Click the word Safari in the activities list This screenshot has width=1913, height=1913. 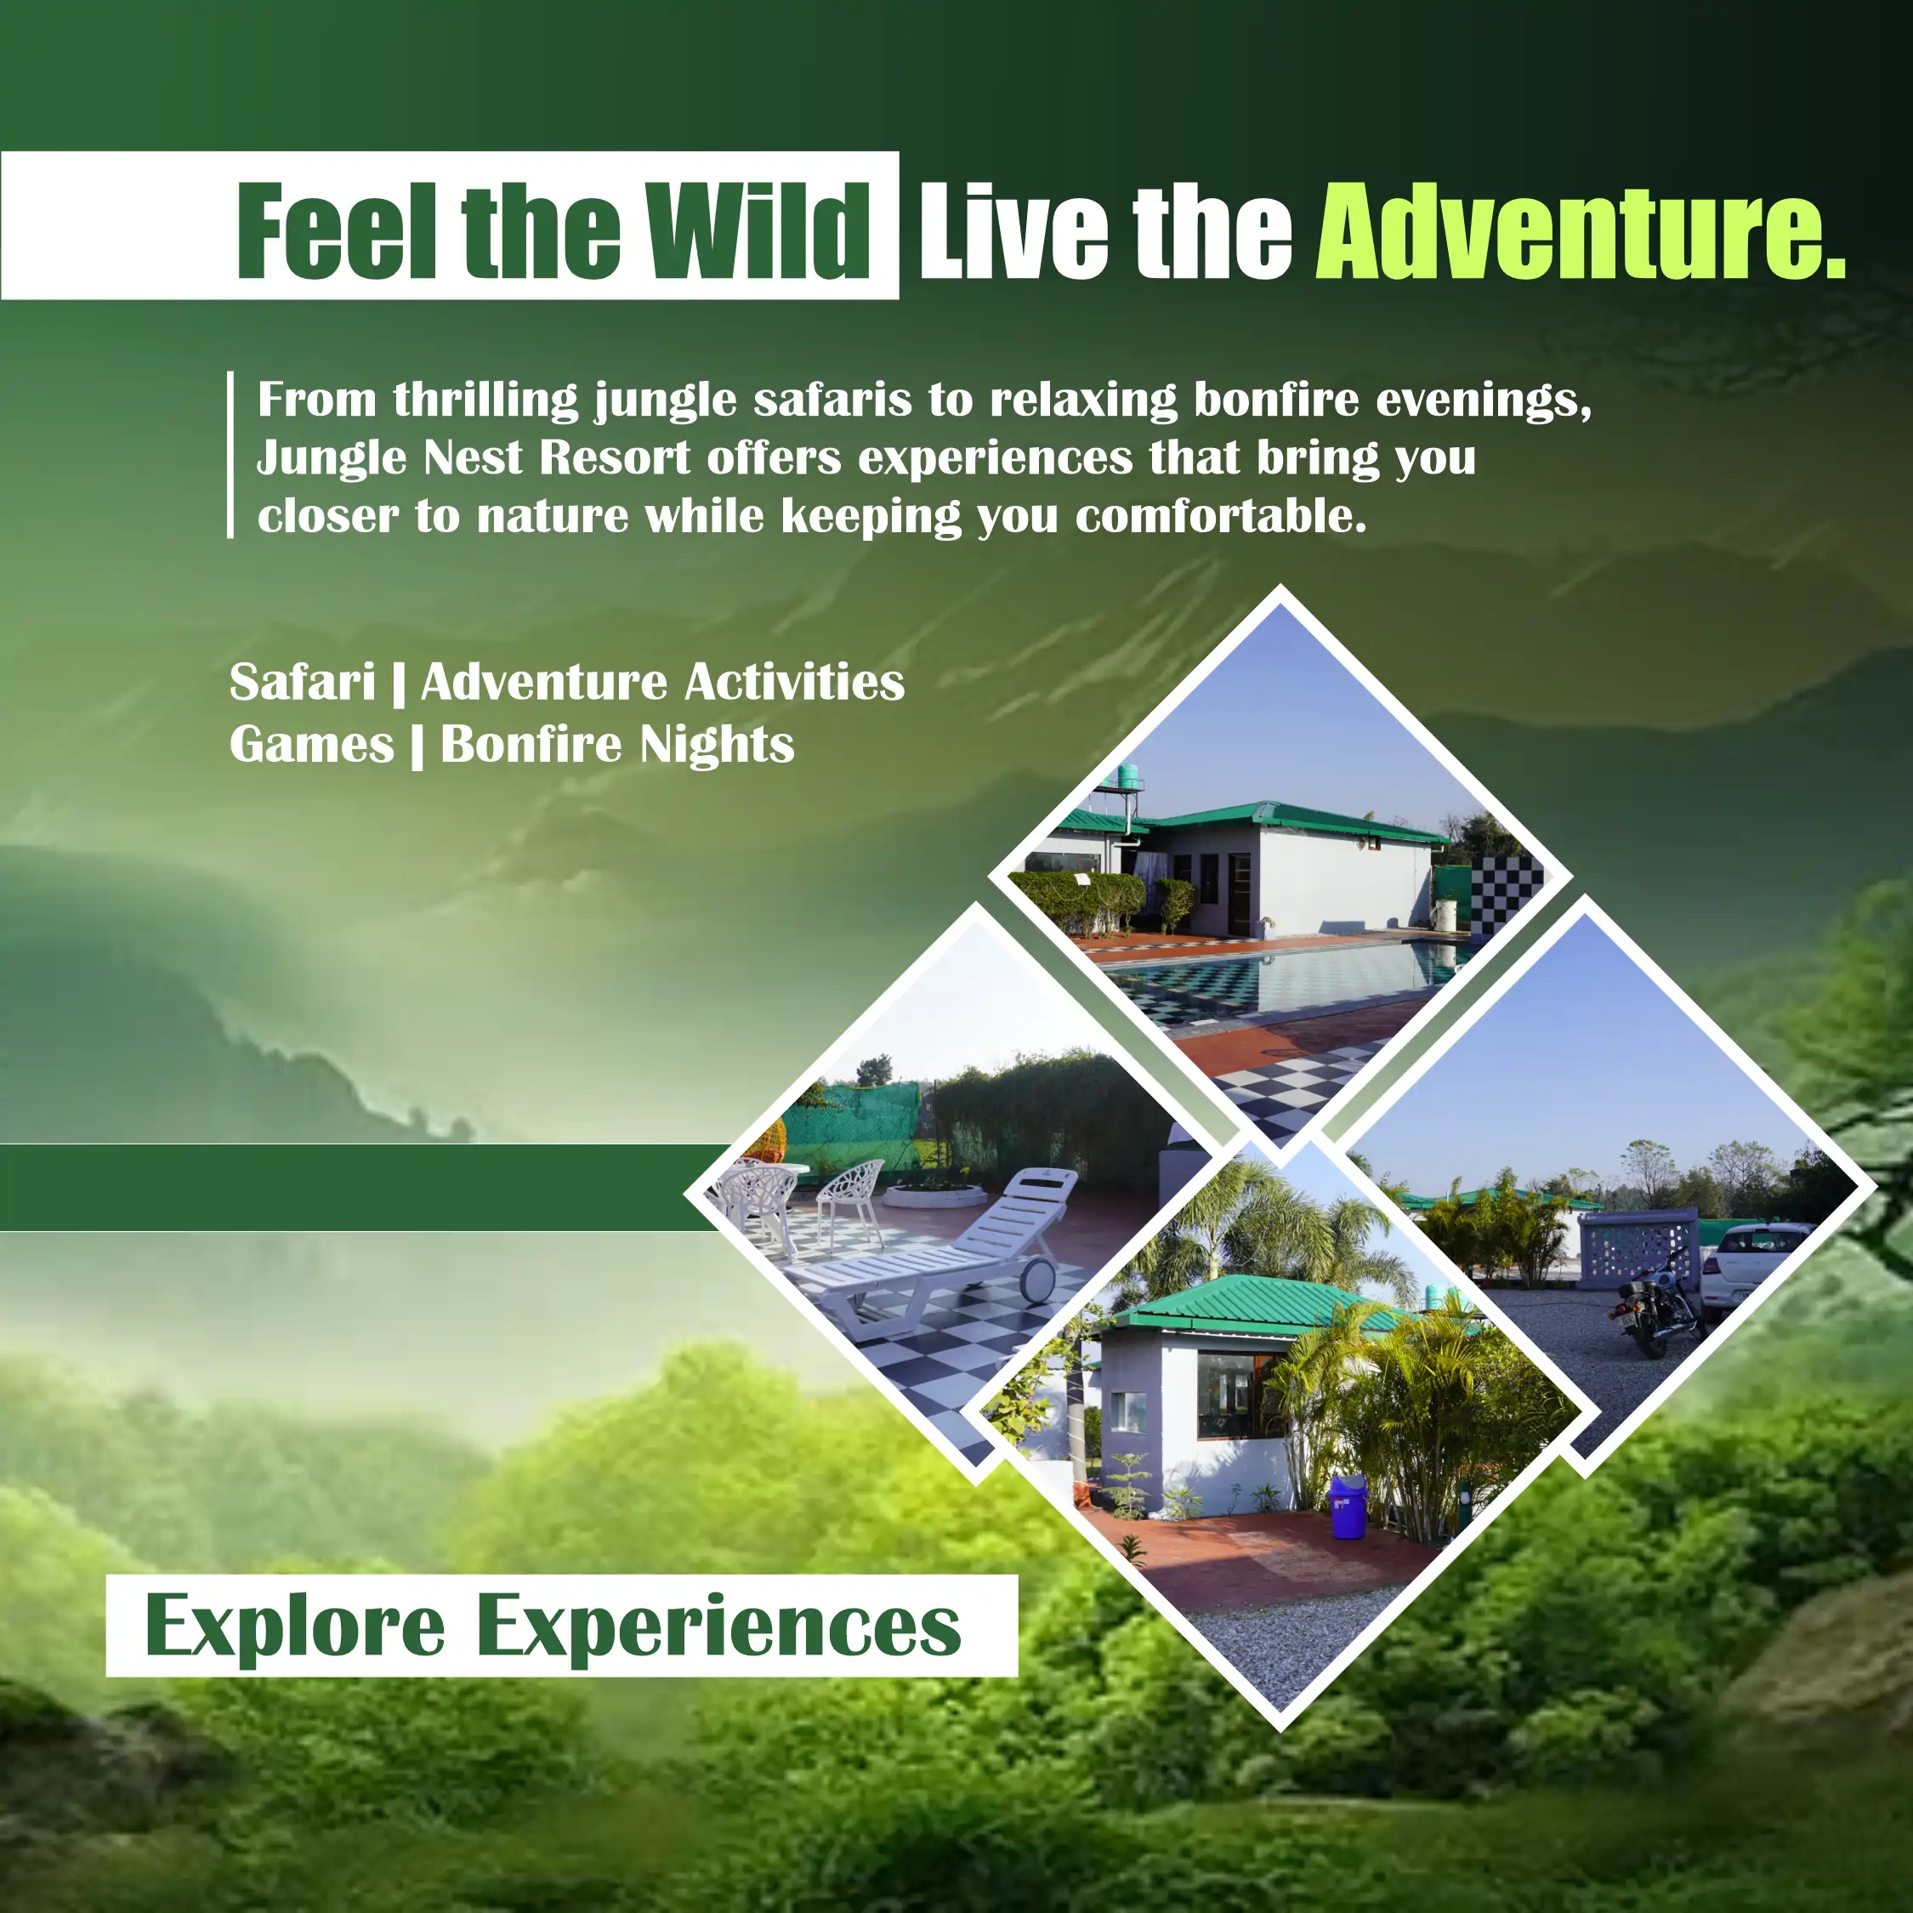pyautogui.click(x=302, y=682)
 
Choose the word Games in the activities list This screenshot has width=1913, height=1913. pyautogui.click(x=312, y=745)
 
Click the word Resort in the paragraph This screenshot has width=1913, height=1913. pyautogui.click(x=615, y=457)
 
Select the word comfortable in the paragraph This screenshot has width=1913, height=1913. pyautogui.click(x=1222, y=516)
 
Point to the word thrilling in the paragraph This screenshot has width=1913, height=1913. pyautogui.click(x=486, y=400)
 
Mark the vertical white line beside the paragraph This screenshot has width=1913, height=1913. pyautogui.click(x=230, y=455)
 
